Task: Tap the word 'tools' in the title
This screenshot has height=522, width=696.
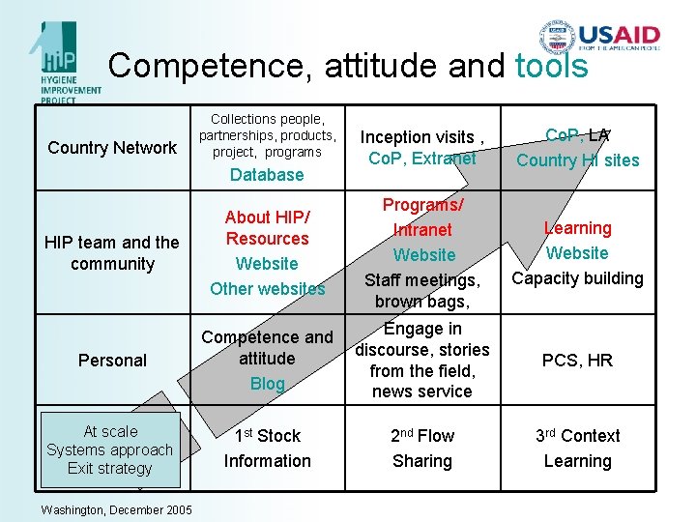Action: (552, 66)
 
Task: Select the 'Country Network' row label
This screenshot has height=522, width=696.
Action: (112, 148)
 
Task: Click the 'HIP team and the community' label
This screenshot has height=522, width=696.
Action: (112, 253)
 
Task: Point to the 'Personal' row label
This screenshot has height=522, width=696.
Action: (112, 361)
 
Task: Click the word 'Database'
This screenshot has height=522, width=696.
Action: (267, 175)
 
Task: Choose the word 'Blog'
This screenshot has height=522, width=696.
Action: (268, 384)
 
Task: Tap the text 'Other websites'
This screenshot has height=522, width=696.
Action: (268, 289)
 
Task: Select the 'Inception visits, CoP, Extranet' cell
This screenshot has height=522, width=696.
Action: (422, 147)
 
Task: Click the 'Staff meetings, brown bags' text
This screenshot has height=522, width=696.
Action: (422, 291)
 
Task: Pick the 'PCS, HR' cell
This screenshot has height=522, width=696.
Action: (577, 361)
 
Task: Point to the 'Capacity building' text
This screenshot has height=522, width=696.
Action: (577, 278)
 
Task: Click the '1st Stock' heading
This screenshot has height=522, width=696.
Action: (268, 436)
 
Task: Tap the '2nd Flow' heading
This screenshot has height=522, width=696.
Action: (422, 436)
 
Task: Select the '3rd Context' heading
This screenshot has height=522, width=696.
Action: (577, 436)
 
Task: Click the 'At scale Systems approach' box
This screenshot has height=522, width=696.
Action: (110, 449)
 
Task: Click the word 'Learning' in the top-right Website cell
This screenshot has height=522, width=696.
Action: (577, 228)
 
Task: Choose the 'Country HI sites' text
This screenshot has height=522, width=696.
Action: (577, 160)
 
